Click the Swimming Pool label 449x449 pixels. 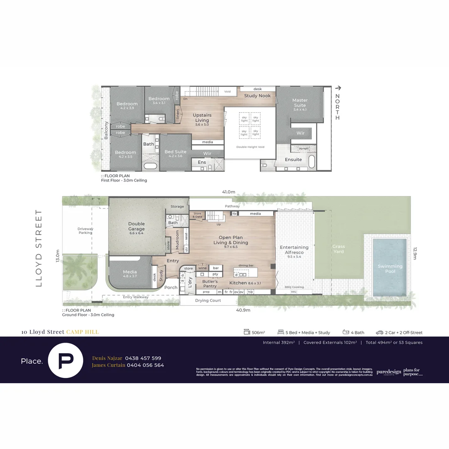coord(390,269)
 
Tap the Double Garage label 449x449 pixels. coord(136,226)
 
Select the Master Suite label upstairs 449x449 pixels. coord(300,103)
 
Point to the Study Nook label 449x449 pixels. coord(257,96)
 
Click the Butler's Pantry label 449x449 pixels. coord(210,284)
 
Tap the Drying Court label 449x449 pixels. coord(208,300)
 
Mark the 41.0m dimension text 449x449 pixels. coord(228,192)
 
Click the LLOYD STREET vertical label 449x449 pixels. coord(39,248)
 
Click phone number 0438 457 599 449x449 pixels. coord(143,358)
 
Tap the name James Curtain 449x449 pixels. coord(108,365)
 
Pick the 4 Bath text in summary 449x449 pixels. coord(358,333)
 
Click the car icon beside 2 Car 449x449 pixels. coord(379,333)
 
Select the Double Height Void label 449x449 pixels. coord(250,147)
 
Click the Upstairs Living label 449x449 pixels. coord(202,118)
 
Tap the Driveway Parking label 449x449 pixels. coord(85,231)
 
